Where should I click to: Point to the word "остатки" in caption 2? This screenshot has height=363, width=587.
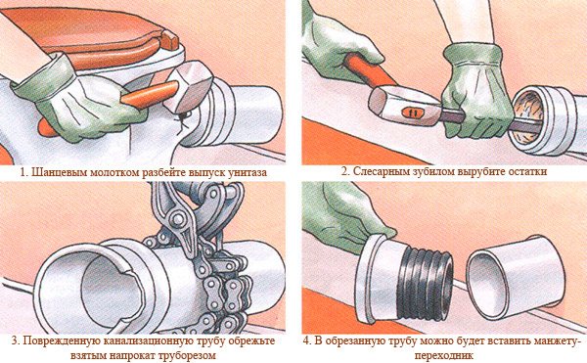pos(528,172)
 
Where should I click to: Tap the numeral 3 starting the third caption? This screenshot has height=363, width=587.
pos(15,340)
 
